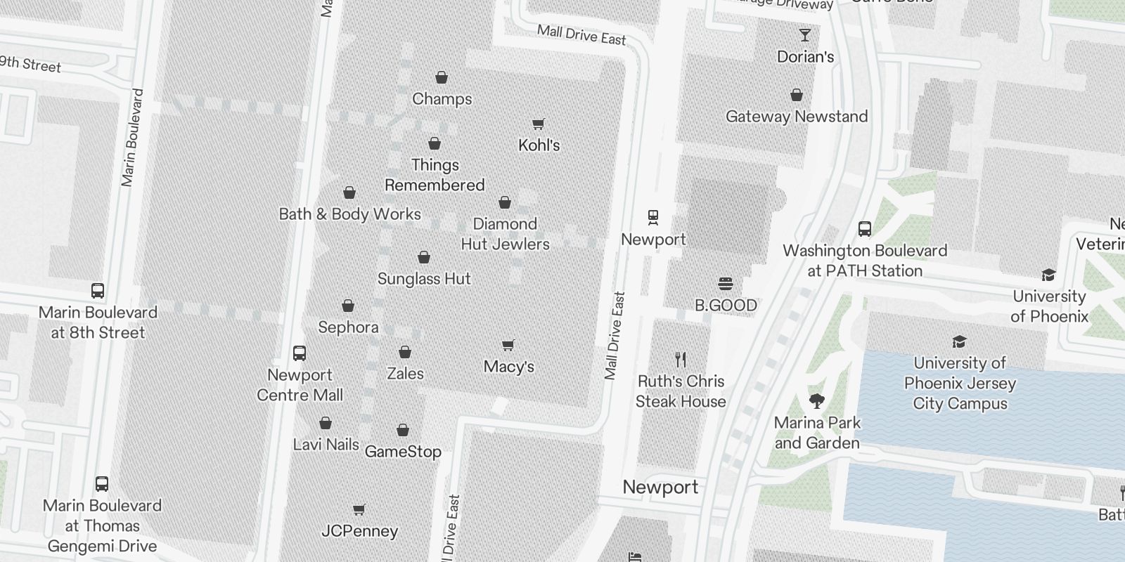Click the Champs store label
(x=442, y=99)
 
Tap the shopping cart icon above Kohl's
(x=538, y=124)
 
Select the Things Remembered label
(x=435, y=175)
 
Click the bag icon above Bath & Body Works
(x=349, y=192)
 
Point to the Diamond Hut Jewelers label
(x=505, y=234)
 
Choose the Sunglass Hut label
(x=424, y=279)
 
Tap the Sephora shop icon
(x=348, y=306)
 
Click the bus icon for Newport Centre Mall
(x=300, y=353)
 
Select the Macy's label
(x=508, y=367)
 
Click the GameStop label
(x=403, y=452)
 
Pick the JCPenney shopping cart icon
(x=359, y=509)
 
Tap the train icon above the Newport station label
(x=653, y=217)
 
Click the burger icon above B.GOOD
(x=726, y=283)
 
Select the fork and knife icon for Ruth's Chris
(x=680, y=360)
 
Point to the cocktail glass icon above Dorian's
(x=805, y=35)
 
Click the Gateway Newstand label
(x=797, y=117)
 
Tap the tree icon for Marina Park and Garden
(x=816, y=401)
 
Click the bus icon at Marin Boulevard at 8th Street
(x=98, y=290)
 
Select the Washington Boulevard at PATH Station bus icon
(x=865, y=229)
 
